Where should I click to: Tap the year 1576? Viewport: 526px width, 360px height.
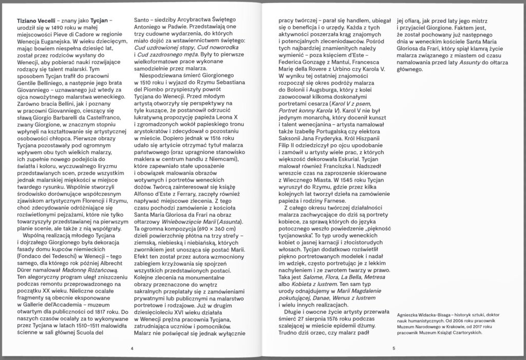[334, 310]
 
